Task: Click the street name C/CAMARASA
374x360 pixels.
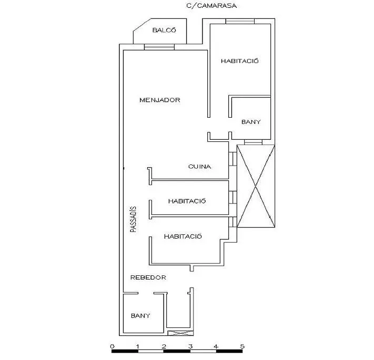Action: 211,6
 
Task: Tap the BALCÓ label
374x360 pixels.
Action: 164,30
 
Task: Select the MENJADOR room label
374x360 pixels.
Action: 160,100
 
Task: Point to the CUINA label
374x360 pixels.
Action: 200,166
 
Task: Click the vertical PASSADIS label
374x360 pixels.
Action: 134,219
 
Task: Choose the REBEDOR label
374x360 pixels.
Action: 148,277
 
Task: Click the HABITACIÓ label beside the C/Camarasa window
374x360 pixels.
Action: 240,61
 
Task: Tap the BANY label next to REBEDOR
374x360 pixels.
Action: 140,316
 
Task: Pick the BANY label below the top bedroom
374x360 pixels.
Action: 251,122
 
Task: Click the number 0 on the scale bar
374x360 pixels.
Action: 113,346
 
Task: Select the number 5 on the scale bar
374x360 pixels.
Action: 242,346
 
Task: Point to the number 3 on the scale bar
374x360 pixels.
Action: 190,346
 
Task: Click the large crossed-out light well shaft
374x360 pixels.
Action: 256,186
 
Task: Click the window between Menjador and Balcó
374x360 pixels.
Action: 159,47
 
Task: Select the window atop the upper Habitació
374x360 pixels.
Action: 240,21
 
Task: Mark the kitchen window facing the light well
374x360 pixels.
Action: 233,159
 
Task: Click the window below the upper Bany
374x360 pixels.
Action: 254,142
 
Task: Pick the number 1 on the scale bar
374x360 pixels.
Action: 138,346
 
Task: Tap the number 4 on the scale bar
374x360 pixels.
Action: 216,346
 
